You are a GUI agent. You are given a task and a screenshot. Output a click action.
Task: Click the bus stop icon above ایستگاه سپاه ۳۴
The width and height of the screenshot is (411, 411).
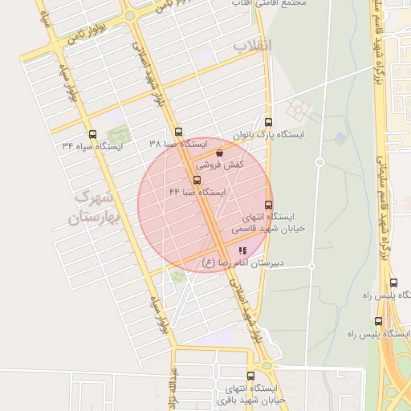coord(92,134)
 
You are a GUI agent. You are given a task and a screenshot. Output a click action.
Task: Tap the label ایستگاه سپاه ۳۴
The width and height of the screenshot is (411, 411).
coord(92,147)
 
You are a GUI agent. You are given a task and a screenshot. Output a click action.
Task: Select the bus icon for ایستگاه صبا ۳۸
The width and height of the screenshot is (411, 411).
coord(178,132)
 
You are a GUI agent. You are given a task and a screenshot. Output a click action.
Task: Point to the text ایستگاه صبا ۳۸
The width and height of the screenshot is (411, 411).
coord(178,144)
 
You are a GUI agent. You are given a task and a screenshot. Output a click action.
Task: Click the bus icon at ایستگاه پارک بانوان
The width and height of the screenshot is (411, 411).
coord(268,122)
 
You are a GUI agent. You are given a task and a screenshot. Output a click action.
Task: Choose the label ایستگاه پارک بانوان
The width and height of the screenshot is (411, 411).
coord(268,134)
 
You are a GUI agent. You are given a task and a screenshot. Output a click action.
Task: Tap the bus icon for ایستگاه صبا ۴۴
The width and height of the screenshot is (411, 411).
coord(197,180)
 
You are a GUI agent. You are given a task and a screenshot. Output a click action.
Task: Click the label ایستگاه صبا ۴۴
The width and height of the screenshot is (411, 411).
coord(197,193)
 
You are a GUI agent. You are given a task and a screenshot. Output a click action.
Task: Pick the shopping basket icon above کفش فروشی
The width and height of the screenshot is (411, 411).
coord(220,152)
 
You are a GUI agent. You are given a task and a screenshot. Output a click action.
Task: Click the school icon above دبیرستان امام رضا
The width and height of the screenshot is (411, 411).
coord(243,250)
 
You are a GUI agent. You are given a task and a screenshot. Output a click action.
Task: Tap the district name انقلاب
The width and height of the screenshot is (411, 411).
coord(253,46)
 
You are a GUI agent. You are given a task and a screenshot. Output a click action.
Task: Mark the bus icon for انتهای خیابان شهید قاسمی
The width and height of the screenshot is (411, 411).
coord(268,205)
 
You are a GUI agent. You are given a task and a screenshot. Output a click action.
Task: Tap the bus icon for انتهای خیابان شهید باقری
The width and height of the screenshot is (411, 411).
coord(251,375)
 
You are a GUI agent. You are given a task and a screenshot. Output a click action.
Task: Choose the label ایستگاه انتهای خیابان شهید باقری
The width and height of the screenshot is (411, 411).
coord(249,394)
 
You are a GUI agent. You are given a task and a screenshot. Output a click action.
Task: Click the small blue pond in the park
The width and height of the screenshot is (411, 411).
coord(340,137)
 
